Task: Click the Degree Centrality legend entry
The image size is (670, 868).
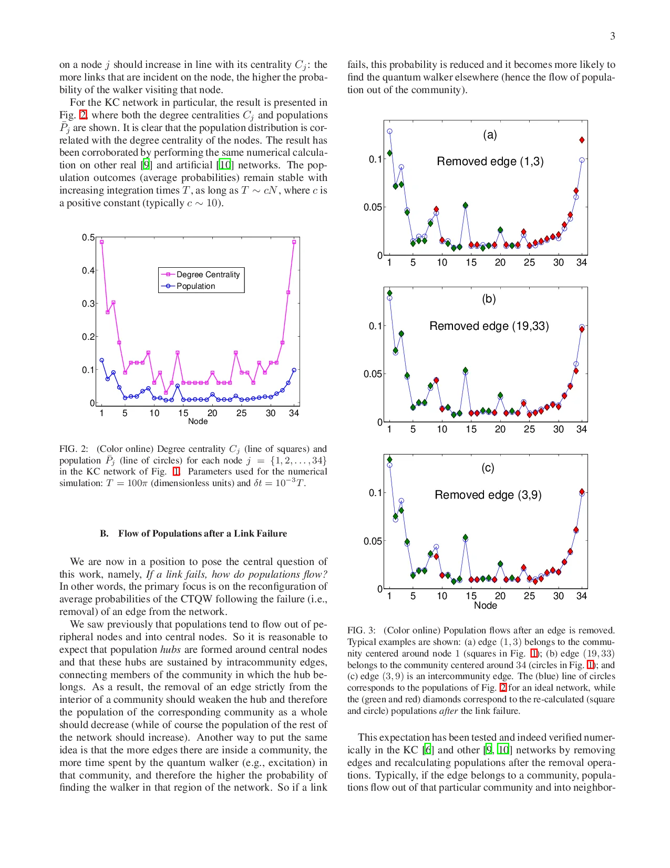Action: tap(208, 275)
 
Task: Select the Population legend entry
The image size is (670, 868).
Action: tap(195, 286)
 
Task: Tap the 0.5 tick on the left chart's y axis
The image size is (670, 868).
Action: tap(88, 238)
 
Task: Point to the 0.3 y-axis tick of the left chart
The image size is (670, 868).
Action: tap(88, 304)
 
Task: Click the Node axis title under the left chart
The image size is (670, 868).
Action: tap(198, 421)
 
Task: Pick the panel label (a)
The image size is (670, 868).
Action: tap(490, 135)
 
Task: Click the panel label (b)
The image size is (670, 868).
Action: tap(489, 299)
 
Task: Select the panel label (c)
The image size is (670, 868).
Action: tap(488, 468)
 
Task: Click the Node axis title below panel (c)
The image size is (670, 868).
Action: tap(485, 605)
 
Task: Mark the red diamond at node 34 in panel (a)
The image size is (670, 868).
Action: tap(582, 140)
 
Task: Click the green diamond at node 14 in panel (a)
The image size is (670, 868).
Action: tap(465, 206)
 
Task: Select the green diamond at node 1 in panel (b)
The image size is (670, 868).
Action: tap(389, 293)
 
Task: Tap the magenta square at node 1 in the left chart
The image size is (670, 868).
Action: tap(101, 242)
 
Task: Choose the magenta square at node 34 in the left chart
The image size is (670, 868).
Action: tap(294, 242)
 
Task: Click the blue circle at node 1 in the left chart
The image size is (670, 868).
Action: tap(101, 360)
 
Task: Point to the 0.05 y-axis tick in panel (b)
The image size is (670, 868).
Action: tap(373, 374)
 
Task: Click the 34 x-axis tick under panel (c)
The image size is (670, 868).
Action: tap(581, 596)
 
